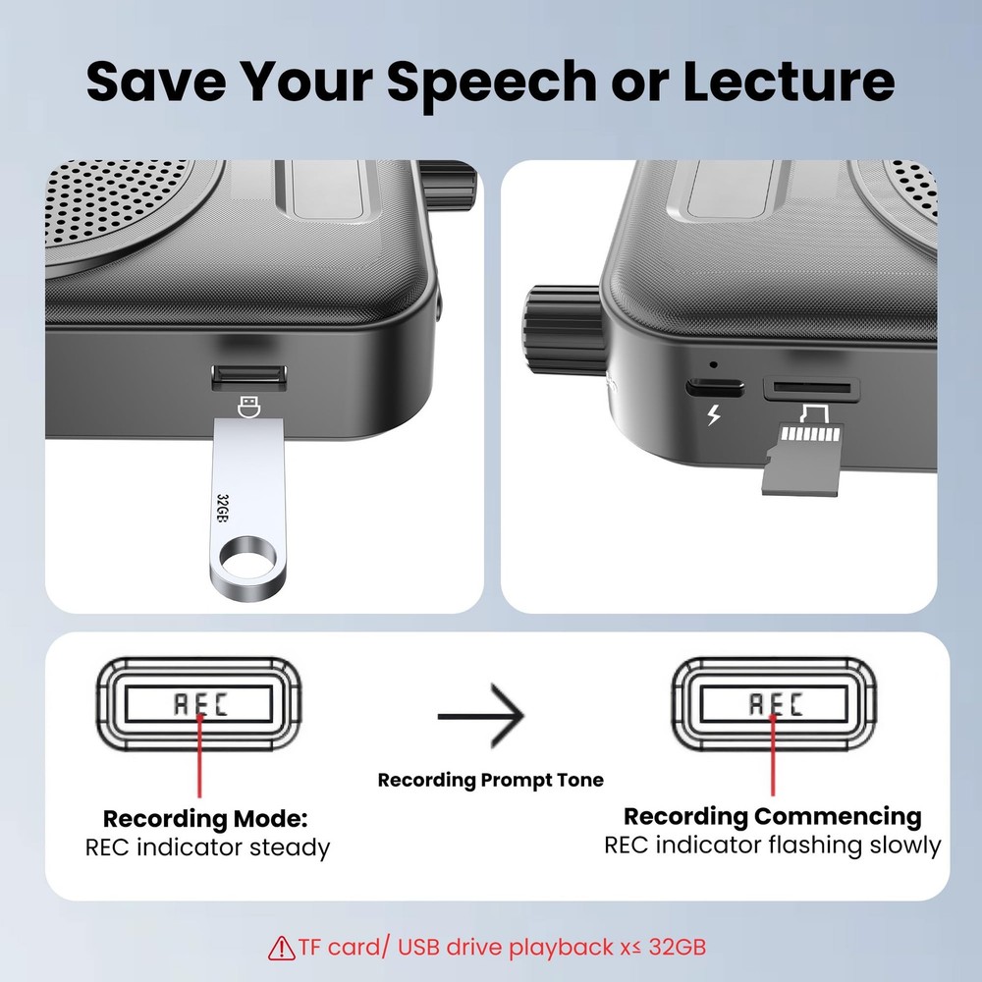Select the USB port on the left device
[249, 375]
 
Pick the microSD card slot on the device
[812, 387]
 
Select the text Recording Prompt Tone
[491, 781]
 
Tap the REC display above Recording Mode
[199, 703]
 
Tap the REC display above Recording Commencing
[774, 703]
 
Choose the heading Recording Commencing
[773, 816]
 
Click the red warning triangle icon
[282, 949]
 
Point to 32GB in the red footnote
[679, 948]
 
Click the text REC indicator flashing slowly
[773, 846]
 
